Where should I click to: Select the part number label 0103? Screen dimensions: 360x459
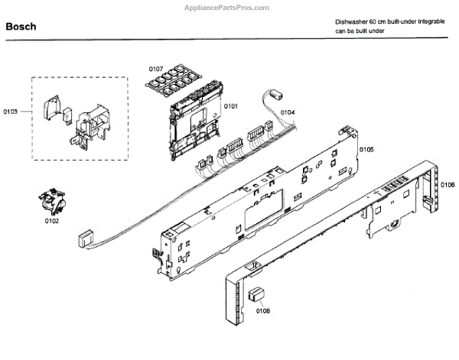click(x=11, y=112)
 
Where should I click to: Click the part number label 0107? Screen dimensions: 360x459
click(x=156, y=68)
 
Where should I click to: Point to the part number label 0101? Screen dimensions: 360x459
click(x=230, y=105)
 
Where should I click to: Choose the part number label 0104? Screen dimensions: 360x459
click(x=287, y=112)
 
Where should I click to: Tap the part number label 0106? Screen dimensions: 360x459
click(x=448, y=184)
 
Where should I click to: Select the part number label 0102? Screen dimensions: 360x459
click(x=52, y=222)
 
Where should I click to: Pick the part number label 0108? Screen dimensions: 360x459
click(x=262, y=310)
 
